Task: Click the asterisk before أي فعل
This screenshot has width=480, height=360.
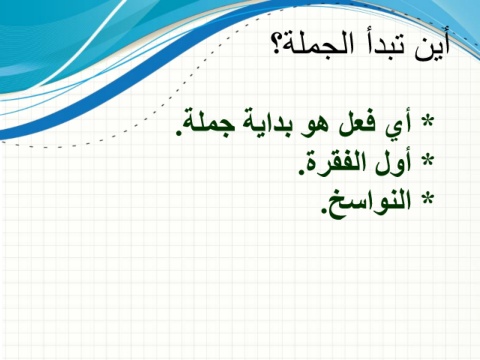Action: click(x=428, y=122)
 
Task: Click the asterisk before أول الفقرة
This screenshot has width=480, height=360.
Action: click(x=428, y=160)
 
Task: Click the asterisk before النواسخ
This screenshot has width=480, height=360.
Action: click(x=428, y=198)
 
